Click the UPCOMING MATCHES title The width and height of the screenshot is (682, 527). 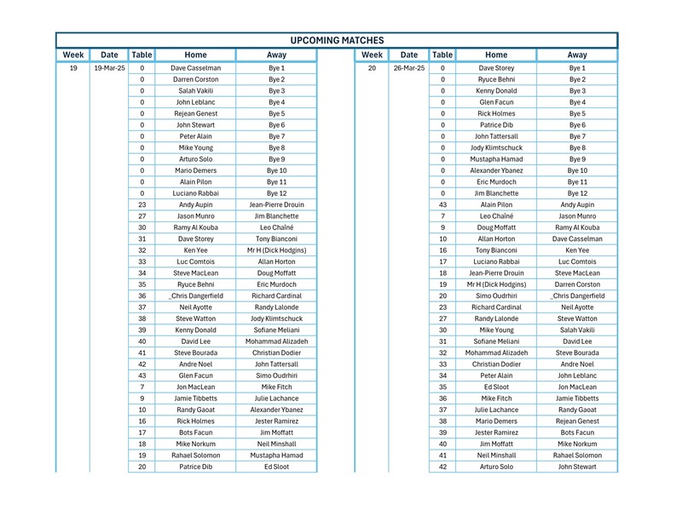[337, 40]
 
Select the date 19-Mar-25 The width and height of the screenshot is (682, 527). [109, 67]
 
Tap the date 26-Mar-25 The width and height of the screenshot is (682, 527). [409, 67]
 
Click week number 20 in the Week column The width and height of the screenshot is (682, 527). [372, 67]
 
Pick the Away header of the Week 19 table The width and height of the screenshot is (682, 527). [276, 55]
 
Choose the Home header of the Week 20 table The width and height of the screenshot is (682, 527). [496, 55]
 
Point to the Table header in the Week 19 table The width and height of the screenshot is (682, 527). [142, 55]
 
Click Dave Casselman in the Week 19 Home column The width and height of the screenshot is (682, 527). [196, 67]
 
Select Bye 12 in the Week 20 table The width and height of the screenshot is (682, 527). [577, 193]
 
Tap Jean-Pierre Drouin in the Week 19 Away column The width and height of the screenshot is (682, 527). [276, 204]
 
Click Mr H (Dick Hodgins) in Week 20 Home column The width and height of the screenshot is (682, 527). [496, 284]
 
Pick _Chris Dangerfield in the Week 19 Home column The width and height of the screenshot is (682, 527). [196, 295]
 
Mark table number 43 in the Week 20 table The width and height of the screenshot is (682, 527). [442, 204]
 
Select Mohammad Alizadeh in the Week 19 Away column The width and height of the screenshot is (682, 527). [276, 341]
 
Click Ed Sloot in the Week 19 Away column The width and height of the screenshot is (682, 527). [276, 467]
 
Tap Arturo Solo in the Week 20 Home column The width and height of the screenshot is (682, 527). [496, 467]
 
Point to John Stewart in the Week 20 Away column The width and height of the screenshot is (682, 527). [577, 467]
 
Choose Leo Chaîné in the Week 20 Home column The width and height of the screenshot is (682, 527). [496, 216]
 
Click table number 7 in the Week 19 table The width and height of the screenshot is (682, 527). [142, 387]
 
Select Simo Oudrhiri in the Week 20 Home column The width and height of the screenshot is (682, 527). [496, 295]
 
